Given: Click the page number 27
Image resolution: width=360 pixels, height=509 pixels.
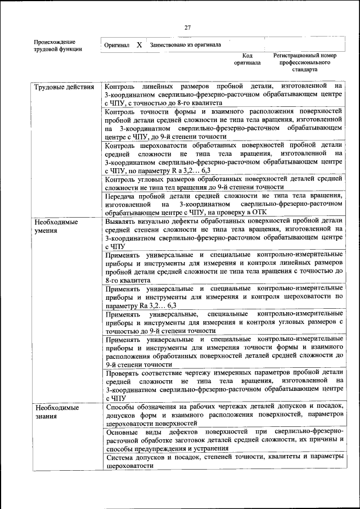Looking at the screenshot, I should tap(187, 28).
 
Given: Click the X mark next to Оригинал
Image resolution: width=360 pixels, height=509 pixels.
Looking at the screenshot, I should tap(139, 44).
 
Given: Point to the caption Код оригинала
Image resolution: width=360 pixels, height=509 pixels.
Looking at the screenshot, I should tap(247, 60).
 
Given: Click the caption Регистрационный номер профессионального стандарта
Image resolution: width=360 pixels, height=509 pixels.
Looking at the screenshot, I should tap(304, 63).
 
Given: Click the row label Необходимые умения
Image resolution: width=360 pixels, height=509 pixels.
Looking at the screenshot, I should tap(56, 226).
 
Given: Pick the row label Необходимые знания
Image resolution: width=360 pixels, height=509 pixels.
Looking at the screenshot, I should tap(56, 411).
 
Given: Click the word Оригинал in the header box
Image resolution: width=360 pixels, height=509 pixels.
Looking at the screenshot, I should tap(117, 44).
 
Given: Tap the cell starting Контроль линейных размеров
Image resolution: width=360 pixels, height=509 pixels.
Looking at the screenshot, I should tap(223, 94).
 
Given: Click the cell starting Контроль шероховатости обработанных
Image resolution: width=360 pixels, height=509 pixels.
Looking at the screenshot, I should tap(223, 157).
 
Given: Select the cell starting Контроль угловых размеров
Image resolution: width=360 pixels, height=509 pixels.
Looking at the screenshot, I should tap(223, 183).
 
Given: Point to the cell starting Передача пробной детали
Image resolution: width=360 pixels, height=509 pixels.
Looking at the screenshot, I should tap(223, 204).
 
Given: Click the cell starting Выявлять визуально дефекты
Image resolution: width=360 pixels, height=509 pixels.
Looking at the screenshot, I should tap(223, 234).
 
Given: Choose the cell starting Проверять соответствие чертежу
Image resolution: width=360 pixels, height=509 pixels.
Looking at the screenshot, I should tap(223, 385).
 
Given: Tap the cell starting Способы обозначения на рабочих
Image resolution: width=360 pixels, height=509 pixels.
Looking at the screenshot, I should tap(223, 415).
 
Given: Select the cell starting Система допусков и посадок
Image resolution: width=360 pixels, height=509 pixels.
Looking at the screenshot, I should tap(223, 462).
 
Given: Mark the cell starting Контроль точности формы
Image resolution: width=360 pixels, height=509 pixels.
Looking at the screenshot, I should tap(223, 124).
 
